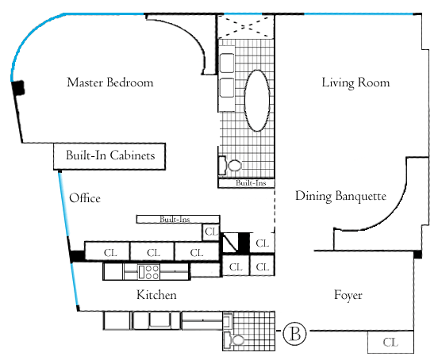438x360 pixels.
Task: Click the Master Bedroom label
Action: tap(110, 82)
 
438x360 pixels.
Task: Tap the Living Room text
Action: tap(355, 83)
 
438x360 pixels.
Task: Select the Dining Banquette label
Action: tap(340, 196)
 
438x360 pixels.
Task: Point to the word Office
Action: tap(85, 198)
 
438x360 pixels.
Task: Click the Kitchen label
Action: tap(156, 295)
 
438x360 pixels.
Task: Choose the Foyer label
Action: tap(348, 295)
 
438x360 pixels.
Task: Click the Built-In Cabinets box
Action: tap(109, 156)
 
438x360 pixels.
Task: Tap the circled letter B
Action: tap(294, 333)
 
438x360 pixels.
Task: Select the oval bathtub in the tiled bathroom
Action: tap(257, 101)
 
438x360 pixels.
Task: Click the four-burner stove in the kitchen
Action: tap(149, 272)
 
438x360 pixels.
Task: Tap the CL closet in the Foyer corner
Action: tap(390, 342)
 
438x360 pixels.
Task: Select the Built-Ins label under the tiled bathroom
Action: tap(251, 183)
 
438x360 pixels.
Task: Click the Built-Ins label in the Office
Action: tap(175, 220)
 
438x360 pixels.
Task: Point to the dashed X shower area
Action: tap(245, 26)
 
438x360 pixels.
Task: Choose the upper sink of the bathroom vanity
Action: tap(227, 63)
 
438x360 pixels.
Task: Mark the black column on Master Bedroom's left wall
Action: tap(18, 88)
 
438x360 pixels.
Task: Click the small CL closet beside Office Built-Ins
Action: tap(211, 232)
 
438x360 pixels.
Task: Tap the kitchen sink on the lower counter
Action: tap(159, 320)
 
